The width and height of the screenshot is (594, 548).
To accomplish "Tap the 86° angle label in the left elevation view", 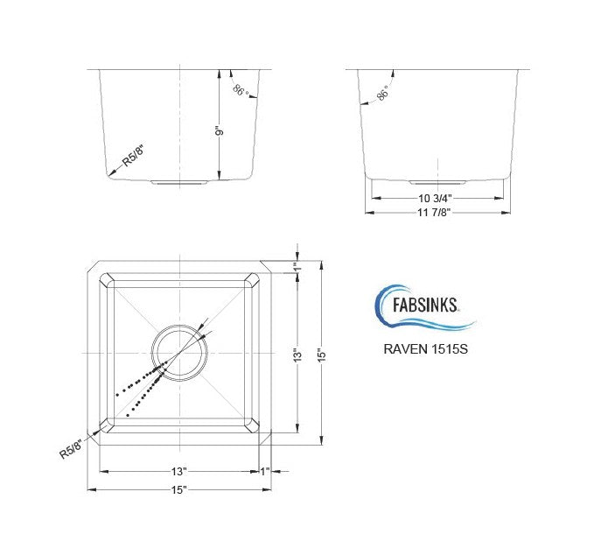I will [241, 89].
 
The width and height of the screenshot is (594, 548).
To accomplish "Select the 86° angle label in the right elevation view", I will [381, 95].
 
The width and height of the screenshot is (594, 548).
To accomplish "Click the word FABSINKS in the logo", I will [423, 309].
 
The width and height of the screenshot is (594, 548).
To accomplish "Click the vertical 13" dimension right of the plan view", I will [298, 355].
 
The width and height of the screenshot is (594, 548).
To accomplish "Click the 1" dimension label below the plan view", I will [264, 473].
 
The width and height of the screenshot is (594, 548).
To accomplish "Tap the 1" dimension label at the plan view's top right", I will [297, 267].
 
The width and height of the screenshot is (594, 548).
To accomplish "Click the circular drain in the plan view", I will [179, 352].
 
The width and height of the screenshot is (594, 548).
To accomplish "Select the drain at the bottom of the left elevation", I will [178, 183].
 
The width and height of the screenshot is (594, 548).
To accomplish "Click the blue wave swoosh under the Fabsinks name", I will [429, 325].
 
